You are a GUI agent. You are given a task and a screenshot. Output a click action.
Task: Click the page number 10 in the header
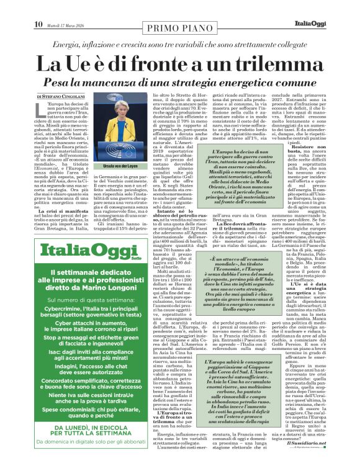point(38,7)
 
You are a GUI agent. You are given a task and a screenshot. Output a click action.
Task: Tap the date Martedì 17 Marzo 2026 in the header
point(68,8)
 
